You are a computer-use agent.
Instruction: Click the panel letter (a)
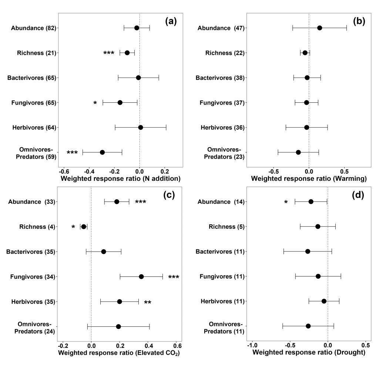pyautogui.click(x=171, y=21)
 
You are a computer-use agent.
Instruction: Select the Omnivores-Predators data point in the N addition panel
pyautogui.click(x=102, y=152)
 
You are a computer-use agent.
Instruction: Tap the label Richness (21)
pyautogui.click(x=36, y=53)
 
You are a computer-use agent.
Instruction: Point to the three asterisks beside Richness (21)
pyautogui.click(x=108, y=54)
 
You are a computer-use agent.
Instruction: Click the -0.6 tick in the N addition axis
pyautogui.click(x=64, y=172)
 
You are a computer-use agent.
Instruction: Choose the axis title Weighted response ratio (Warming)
pyautogui.click(x=309, y=179)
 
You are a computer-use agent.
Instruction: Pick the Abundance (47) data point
pyautogui.click(x=319, y=28)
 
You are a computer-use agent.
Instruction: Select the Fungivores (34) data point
pyautogui.click(x=141, y=276)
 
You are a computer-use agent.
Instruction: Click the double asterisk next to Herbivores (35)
pyautogui.click(x=147, y=303)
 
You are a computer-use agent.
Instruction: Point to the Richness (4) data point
pyautogui.click(x=84, y=227)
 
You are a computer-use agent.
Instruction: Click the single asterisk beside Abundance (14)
pyautogui.click(x=286, y=203)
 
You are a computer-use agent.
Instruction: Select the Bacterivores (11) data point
pyautogui.click(x=308, y=251)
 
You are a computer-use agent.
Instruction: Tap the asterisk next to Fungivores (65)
pyautogui.click(x=95, y=103)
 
